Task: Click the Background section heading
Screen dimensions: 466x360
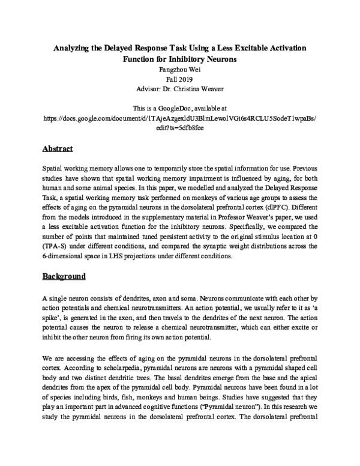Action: point(65,277)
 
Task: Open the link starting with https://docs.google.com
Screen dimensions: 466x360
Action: point(180,118)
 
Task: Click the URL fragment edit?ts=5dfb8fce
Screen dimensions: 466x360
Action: point(180,127)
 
